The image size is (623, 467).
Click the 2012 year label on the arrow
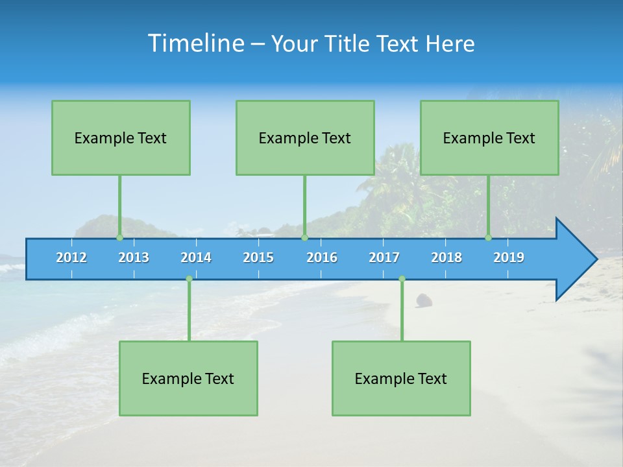pyautogui.click(x=71, y=257)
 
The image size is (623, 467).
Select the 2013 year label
pyautogui.click(x=134, y=257)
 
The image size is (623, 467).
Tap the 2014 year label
pyautogui.click(x=196, y=257)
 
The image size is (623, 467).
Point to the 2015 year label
pyautogui.click(x=258, y=257)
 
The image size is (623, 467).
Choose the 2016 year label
pyautogui.click(x=322, y=257)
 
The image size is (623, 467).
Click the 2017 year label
pyautogui.click(x=384, y=257)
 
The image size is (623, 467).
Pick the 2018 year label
pyautogui.click(x=446, y=257)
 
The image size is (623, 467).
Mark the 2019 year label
pyautogui.click(x=509, y=257)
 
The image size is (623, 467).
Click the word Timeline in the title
pyautogui.click(x=195, y=43)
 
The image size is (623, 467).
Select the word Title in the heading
pyautogui.click(x=349, y=44)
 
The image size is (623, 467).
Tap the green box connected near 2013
pyautogui.click(x=121, y=138)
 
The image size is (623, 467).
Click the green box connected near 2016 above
pyautogui.click(x=305, y=138)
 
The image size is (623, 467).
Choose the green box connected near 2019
pyautogui.click(x=489, y=138)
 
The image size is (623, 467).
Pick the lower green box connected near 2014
pyautogui.click(x=188, y=378)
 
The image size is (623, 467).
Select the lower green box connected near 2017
pyautogui.click(x=401, y=378)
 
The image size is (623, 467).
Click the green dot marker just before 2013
pyautogui.click(x=119, y=238)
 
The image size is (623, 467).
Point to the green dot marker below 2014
pyautogui.click(x=189, y=279)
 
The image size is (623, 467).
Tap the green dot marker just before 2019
pyautogui.click(x=488, y=238)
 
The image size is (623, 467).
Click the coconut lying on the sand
pyautogui.click(x=424, y=300)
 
